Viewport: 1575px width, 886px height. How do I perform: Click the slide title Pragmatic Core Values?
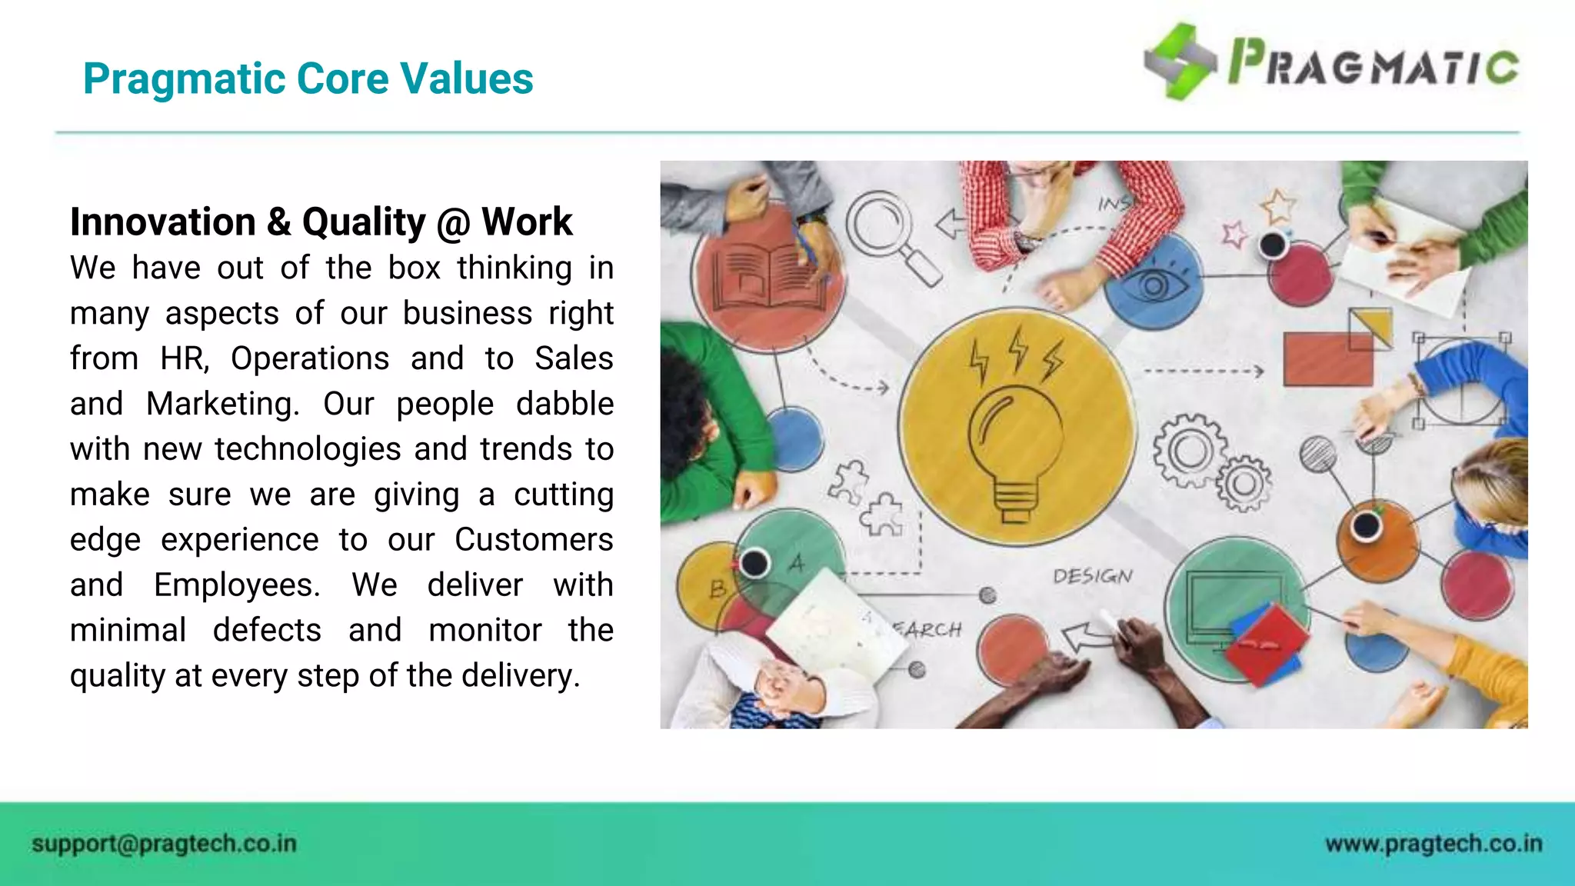pyautogui.click(x=308, y=78)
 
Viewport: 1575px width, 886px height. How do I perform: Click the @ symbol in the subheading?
pyautogui.click(x=453, y=223)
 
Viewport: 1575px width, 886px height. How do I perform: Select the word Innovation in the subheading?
pyautogui.click(x=163, y=222)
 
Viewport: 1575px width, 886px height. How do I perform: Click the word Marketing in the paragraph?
pyautogui.click(x=222, y=404)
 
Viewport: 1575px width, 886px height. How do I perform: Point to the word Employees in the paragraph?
pyautogui.click(x=236, y=585)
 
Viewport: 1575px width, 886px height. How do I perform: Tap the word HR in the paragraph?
pyautogui.click(x=184, y=359)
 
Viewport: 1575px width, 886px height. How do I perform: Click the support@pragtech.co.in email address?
pyautogui.click(x=164, y=844)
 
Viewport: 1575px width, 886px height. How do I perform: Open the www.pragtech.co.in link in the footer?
pyautogui.click(x=1433, y=844)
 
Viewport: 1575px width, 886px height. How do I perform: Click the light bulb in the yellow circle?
pyautogui.click(x=1015, y=454)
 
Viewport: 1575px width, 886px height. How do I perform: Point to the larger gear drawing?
pyautogui.click(x=1189, y=451)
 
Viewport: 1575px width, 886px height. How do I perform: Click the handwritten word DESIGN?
pyautogui.click(x=1092, y=576)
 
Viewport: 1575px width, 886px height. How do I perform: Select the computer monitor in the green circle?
pyautogui.click(x=1230, y=608)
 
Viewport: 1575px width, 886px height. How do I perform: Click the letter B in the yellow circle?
pyautogui.click(x=718, y=589)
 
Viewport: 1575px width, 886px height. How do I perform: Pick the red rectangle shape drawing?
pyautogui.click(x=1327, y=359)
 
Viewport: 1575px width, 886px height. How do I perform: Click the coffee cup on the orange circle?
pyautogui.click(x=1366, y=526)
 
